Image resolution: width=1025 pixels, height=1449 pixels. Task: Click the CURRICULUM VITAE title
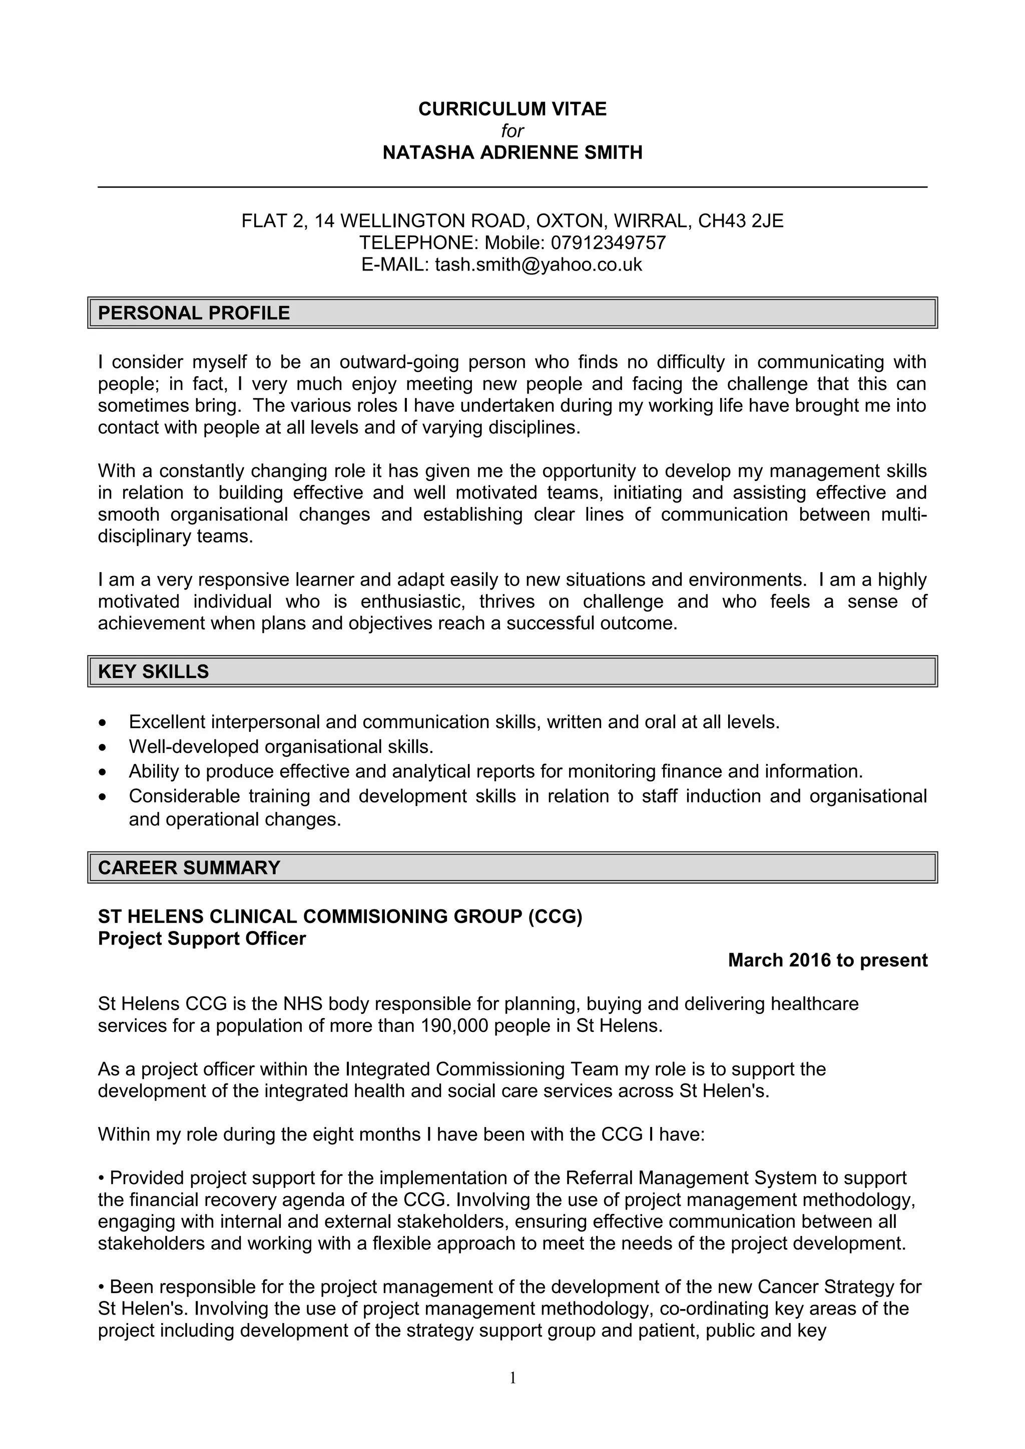(512, 109)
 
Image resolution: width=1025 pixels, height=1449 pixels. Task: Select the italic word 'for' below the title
(512, 130)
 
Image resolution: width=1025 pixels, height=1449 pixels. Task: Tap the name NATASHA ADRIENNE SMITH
(512, 152)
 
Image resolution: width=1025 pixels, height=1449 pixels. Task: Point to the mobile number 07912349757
(608, 242)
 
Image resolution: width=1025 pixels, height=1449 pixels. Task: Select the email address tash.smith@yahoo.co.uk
(538, 264)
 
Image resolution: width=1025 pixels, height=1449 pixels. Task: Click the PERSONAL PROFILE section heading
(194, 313)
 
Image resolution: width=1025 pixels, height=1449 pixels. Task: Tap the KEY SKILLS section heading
(154, 671)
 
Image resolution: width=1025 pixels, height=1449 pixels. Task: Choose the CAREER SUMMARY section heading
(189, 868)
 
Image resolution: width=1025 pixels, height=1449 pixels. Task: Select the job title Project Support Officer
(202, 938)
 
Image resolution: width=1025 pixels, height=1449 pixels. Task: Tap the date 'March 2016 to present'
(827, 960)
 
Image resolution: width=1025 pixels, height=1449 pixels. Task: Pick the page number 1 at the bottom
(512, 1377)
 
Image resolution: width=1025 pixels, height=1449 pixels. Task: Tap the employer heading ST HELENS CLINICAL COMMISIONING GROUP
(340, 916)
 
